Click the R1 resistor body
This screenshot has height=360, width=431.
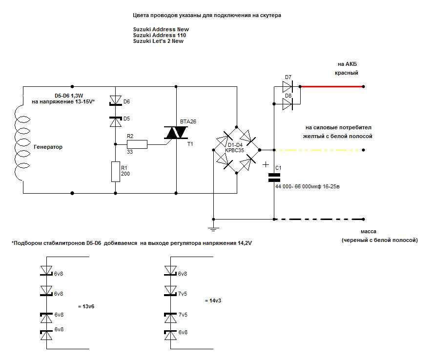coord(116,171)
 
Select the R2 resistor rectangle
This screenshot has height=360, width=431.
coord(137,144)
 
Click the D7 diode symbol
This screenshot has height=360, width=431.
coord(287,87)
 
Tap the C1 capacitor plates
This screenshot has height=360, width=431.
coord(274,179)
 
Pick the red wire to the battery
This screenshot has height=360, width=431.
coord(332,87)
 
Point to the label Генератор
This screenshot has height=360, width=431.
coord(48,147)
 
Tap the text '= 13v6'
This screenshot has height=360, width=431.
coord(86,306)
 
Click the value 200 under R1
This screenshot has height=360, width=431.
coord(125,174)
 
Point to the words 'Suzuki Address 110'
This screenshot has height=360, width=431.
coord(159,35)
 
